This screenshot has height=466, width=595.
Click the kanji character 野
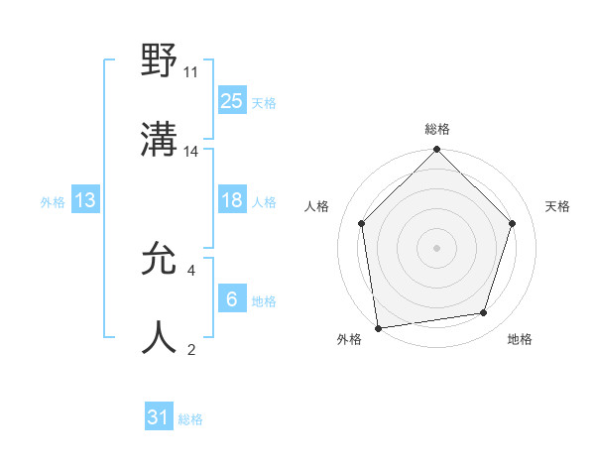(x=160, y=61)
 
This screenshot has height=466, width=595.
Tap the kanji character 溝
(x=160, y=141)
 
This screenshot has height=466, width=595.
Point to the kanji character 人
(x=160, y=337)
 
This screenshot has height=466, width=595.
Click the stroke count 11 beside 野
(x=191, y=72)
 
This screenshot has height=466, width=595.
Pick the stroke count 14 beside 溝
(x=191, y=152)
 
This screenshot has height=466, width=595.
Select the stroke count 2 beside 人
(x=190, y=349)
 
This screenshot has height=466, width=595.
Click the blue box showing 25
(x=231, y=100)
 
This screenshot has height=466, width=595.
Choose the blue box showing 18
(x=231, y=200)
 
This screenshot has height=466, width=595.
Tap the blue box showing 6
(x=231, y=298)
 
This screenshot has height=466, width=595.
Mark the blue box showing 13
(x=85, y=200)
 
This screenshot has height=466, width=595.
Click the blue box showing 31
(x=159, y=417)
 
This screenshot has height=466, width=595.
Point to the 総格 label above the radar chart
(x=437, y=129)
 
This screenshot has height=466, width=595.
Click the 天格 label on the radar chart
(x=557, y=206)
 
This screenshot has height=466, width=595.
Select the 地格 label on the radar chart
(x=520, y=339)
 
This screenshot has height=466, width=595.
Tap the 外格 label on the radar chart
(x=349, y=339)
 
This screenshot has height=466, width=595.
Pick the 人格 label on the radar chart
(x=317, y=206)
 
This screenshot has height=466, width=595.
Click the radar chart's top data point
(x=436, y=151)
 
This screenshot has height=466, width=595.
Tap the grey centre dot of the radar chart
(x=436, y=247)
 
